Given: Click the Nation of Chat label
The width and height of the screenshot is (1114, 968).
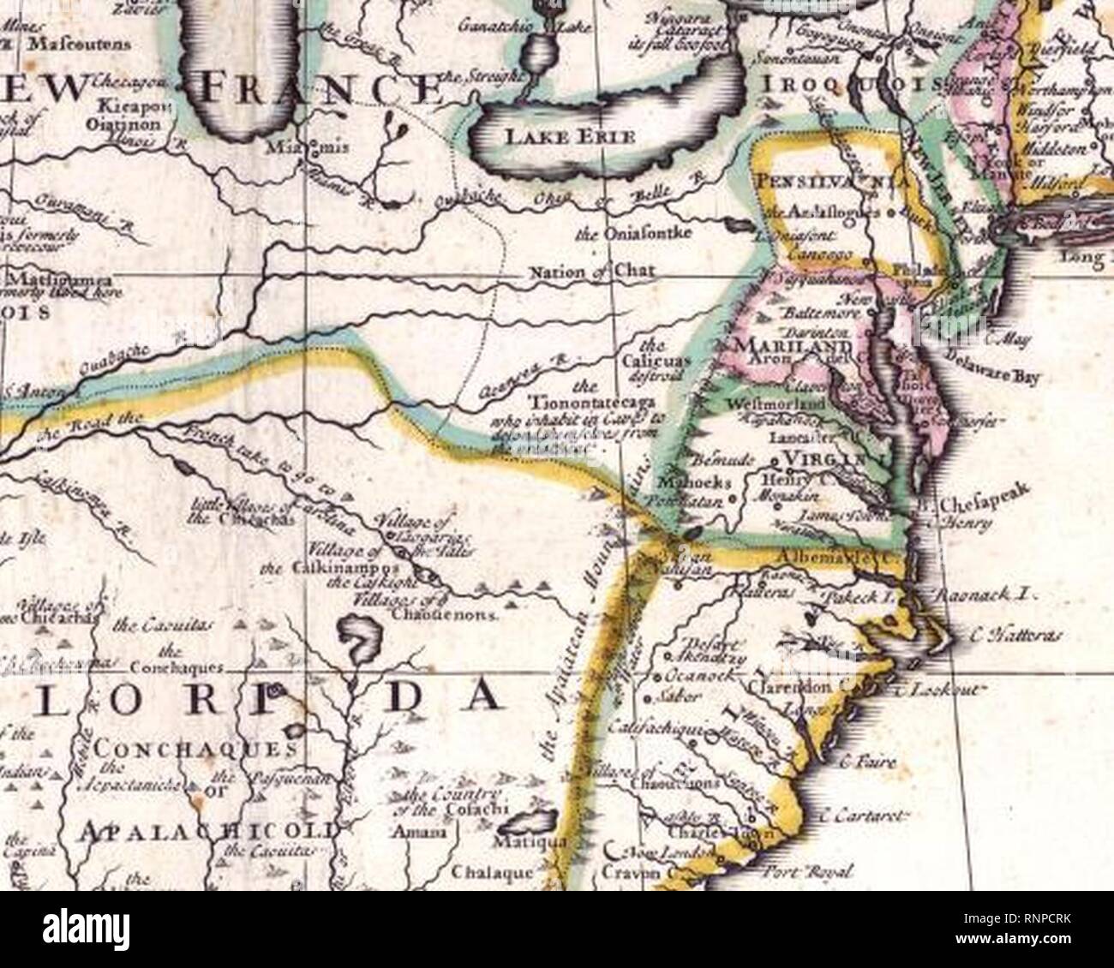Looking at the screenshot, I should (x=592, y=272).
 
